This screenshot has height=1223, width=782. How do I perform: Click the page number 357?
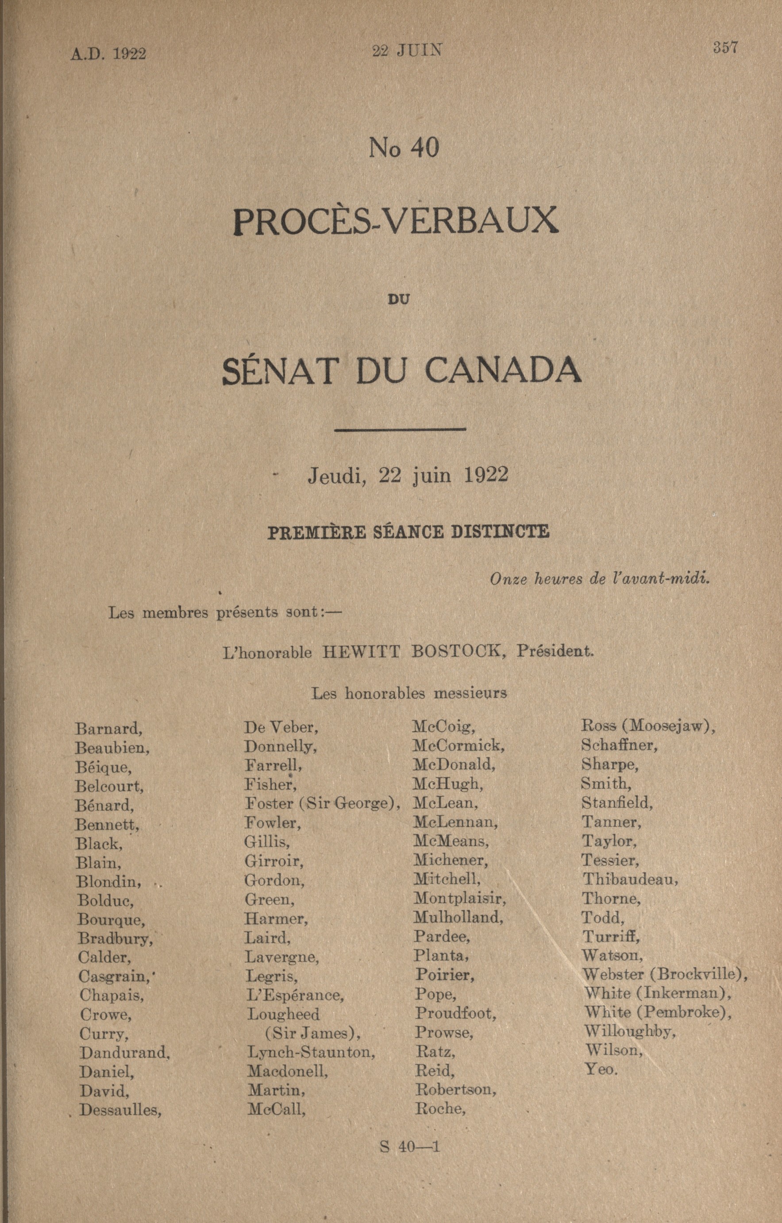pyautogui.click(x=725, y=48)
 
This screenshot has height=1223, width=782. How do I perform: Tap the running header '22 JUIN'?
pyautogui.click(x=408, y=51)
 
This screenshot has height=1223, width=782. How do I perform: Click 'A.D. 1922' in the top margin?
pyautogui.click(x=108, y=54)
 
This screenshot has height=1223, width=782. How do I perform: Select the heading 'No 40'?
pyautogui.click(x=404, y=148)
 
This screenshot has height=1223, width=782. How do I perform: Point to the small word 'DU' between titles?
pyautogui.click(x=398, y=300)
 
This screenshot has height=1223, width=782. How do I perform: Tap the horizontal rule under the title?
pyautogui.click(x=400, y=429)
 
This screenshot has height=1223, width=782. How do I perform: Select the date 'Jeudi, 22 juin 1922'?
pyautogui.click(x=408, y=475)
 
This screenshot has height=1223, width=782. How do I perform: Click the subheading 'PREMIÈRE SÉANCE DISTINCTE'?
pyautogui.click(x=408, y=532)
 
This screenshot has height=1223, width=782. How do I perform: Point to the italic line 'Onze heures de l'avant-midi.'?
pyautogui.click(x=600, y=579)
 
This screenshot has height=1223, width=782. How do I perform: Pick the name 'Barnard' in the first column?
pyautogui.click(x=108, y=729)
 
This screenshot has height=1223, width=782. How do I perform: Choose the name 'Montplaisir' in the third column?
pyautogui.click(x=459, y=899)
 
